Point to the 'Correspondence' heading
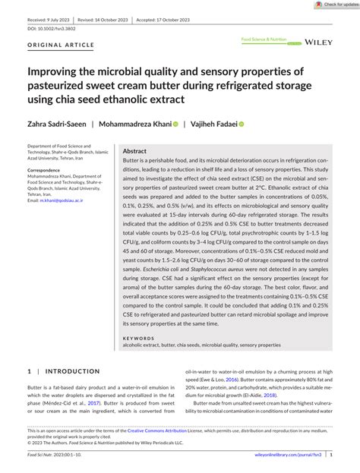point(44,170)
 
